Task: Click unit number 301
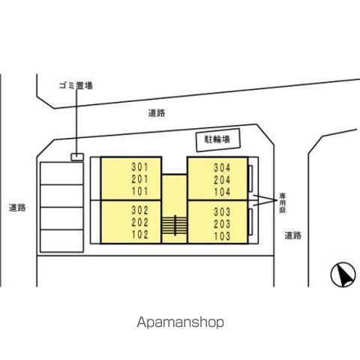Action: tap(140, 167)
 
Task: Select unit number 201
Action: tap(140, 179)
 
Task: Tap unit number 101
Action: tap(140, 191)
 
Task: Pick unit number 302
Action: tap(140, 210)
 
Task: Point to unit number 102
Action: tap(140, 235)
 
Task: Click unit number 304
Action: tap(222, 168)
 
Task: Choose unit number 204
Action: tap(222, 180)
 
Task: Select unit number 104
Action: tap(222, 192)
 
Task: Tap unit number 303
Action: tap(222, 212)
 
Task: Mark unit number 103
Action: tap(222, 236)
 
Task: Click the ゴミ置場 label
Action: tap(76, 85)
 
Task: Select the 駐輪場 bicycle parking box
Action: tap(218, 140)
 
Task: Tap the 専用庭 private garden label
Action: tap(283, 202)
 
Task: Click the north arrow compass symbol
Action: tap(343, 274)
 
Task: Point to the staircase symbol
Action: tap(175, 226)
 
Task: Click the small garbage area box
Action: tap(77, 157)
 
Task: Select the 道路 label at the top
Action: tap(157, 113)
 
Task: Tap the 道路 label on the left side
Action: tap(17, 208)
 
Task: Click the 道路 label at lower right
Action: tap(293, 235)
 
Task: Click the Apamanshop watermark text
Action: tap(180, 322)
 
